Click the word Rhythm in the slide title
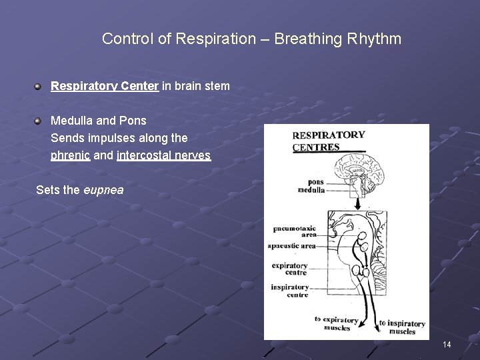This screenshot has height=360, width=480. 374,39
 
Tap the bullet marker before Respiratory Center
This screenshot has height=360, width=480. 39,86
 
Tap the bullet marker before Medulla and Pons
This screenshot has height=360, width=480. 39,121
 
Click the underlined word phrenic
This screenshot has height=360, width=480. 70,155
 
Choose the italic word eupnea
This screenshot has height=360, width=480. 103,190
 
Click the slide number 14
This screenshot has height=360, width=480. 447,344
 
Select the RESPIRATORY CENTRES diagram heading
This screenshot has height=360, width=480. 329,141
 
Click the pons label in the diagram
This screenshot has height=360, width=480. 315,181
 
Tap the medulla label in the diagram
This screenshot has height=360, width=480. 311,190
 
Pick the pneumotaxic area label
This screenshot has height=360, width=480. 295,231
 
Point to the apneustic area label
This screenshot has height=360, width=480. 291,246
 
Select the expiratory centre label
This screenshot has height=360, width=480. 290,269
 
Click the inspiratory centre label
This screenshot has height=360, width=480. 290,291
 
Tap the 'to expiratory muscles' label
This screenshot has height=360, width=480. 337,323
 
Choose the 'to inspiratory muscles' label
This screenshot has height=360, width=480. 402,327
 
